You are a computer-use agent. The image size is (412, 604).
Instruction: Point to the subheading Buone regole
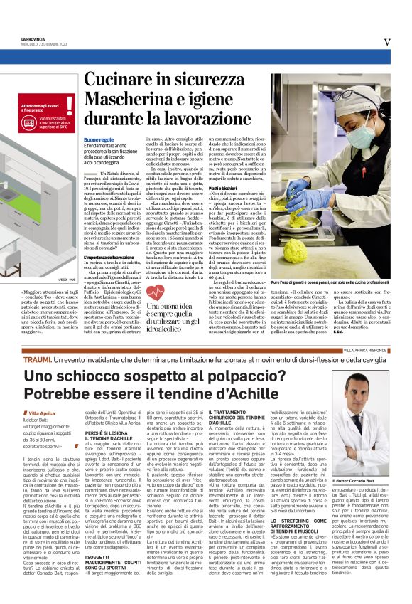pyautogui.click(x=97, y=140)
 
